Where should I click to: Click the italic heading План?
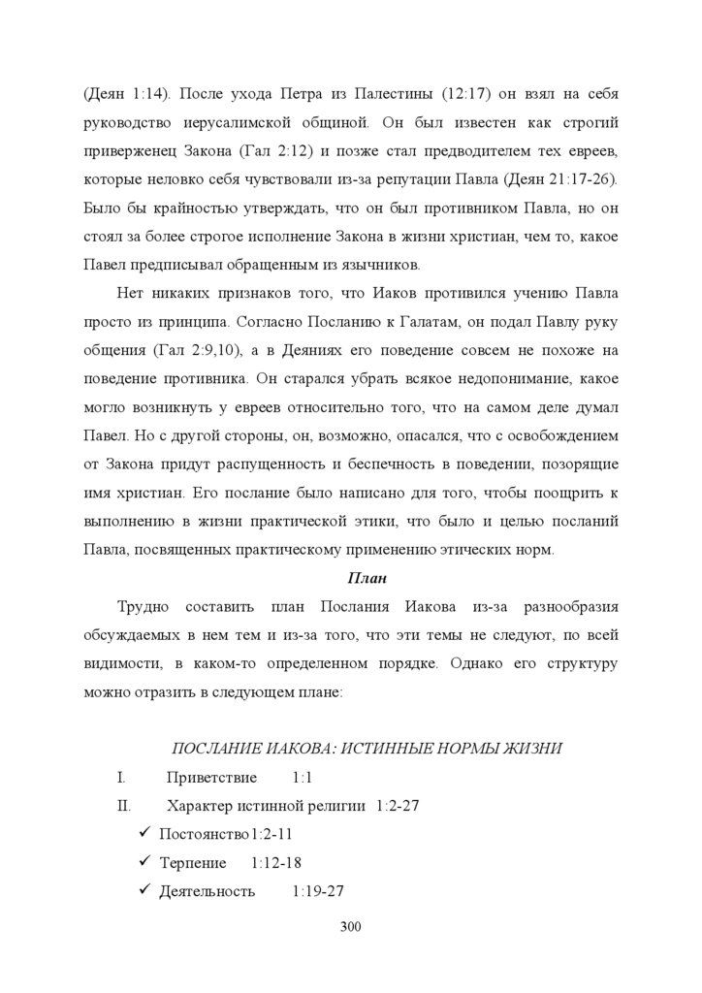[367, 579]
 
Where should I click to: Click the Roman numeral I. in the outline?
[121, 778]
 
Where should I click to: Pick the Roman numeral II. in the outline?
[123, 806]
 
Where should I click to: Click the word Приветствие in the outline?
[211, 778]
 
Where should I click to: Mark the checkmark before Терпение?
[144, 862]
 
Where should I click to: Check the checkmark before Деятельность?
[144, 890]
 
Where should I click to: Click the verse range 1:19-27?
[318, 891]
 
